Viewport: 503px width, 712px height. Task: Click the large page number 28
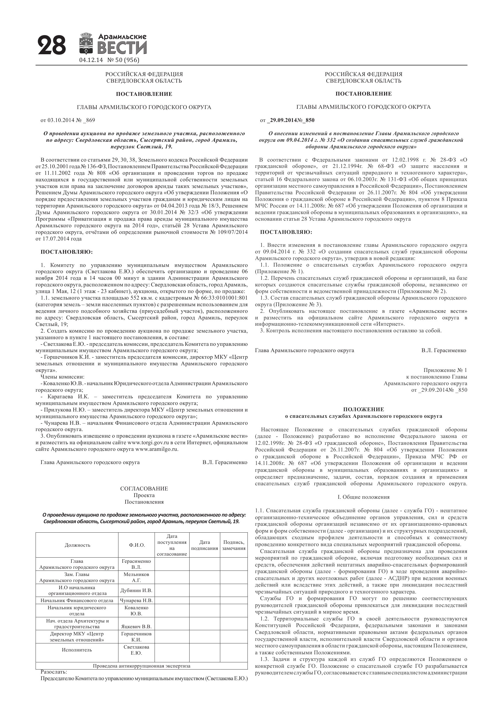click(52, 45)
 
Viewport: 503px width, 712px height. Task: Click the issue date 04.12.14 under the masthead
click(91, 60)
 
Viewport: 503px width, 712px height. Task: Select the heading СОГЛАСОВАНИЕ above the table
click(144, 489)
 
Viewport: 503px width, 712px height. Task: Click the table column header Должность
click(77, 545)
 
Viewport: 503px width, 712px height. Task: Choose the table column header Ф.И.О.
click(137, 545)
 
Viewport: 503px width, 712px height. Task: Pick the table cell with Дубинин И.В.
click(137, 590)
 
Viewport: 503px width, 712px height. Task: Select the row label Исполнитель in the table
click(77, 650)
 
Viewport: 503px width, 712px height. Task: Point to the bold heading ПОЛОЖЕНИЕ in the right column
click(364, 409)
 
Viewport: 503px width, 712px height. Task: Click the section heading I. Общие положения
click(364, 497)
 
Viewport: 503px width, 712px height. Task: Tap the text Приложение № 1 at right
click(445, 370)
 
